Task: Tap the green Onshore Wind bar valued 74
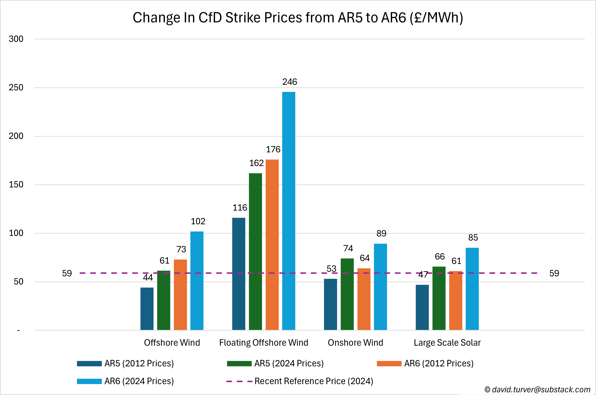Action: pos(347,294)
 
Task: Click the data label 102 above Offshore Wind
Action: pos(198,221)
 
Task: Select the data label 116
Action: pos(240,208)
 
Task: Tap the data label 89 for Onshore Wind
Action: pos(381,234)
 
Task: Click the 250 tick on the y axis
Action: pos(16,87)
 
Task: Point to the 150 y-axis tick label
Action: pos(16,184)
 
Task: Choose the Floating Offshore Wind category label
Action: pos(263,343)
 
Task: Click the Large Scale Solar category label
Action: pos(447,343)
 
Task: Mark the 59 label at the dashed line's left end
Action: pos(67,273)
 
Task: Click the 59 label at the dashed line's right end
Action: pos(554,273)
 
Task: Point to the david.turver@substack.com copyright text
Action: pos(537,389)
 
